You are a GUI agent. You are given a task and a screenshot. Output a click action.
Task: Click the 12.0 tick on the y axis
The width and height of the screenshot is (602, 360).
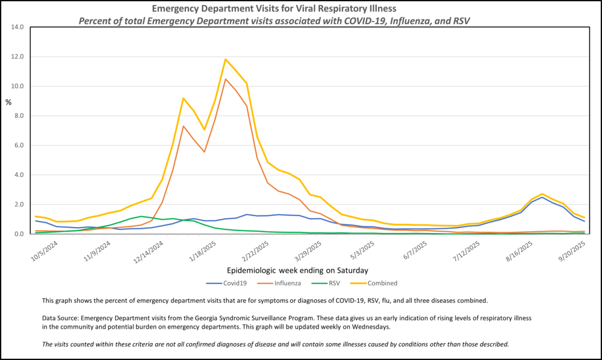coord(17,57)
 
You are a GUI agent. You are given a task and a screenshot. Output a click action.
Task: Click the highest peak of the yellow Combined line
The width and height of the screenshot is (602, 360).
coord(226,59)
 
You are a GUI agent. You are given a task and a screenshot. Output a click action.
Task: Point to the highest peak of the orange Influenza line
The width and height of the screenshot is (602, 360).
coord(226,79)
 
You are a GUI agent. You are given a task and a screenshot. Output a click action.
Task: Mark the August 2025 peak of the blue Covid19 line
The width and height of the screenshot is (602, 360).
coord(542,197)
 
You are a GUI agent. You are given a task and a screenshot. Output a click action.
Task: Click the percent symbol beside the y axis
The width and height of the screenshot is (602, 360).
coord(8,102)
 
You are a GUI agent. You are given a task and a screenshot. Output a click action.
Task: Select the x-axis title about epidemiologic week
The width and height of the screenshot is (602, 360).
coord(298,270)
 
